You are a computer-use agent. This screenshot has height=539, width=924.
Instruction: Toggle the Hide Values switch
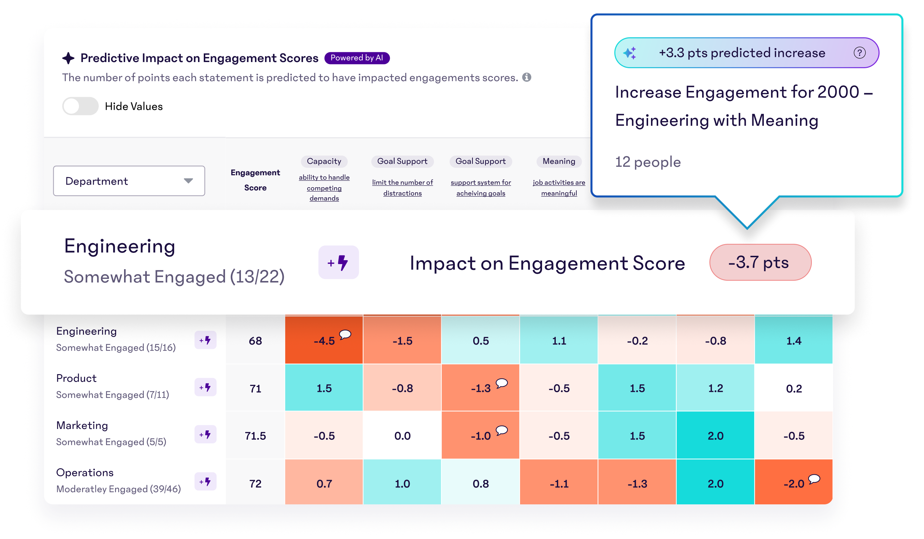pos(80,106)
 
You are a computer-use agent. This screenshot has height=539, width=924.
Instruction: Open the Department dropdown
pos(129,181)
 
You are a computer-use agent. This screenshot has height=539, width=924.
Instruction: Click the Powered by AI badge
pos(356,58)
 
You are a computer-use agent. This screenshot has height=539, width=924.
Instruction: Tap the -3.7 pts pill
pos(760,263)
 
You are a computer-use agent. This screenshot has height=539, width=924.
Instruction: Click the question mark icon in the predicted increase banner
pos(859,53)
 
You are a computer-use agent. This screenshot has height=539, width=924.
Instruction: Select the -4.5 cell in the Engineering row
pos(324,341)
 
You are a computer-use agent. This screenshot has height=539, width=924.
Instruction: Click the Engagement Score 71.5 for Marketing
pos(255,435)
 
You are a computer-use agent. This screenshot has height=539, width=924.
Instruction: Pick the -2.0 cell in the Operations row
pos(793,483)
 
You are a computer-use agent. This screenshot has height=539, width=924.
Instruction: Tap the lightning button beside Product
pos(205,387)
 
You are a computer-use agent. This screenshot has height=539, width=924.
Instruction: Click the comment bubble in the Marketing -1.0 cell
pos(502,430)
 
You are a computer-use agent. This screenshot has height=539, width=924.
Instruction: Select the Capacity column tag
pos(324,161)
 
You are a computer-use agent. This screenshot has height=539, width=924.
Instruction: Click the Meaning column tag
pos(559,161)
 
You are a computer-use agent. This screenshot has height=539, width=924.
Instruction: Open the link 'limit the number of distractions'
pos(402,188)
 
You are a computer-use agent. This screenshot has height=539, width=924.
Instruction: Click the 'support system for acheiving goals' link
pos(480,188)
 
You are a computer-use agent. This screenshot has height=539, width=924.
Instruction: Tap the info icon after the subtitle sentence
pos(527,77)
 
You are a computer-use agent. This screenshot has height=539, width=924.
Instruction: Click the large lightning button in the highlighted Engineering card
pos(338,263)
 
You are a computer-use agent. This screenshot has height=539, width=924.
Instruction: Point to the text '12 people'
pos(647,162)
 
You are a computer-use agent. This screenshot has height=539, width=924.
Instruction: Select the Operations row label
pos(85,473)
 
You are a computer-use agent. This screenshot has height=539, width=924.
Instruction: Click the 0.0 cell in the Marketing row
pos(402,435)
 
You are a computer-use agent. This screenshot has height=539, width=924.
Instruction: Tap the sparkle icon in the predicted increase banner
pos(630,53)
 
